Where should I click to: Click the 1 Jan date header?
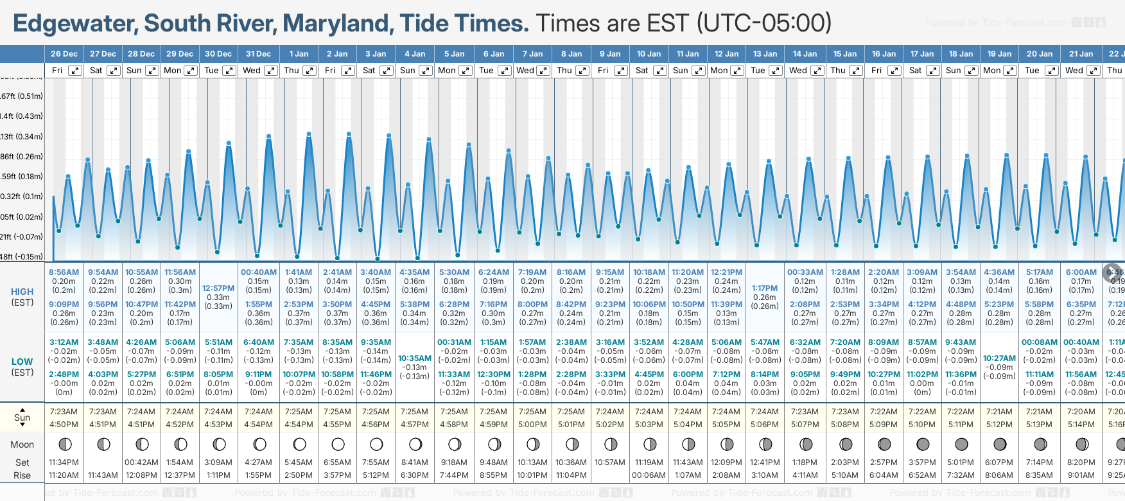[299, 54]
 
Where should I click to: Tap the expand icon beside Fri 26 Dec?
[75, 71]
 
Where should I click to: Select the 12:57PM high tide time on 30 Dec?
[218, 288]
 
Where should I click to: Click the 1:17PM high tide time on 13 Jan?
[765, 288]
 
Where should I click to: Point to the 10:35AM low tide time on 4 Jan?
[415, 358]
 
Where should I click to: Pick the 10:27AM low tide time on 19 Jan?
[1000, 358]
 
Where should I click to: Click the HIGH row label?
[22, 292]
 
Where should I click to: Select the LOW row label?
[22, 362]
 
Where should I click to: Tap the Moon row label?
[22, 444]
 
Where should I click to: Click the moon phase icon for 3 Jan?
[376, 444]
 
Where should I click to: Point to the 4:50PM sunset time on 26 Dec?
[64, 425]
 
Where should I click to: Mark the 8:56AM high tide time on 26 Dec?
[64, 272]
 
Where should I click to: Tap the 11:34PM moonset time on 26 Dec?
[64, 462]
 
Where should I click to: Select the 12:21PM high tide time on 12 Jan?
[726, 272]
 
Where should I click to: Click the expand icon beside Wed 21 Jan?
[1092, 71]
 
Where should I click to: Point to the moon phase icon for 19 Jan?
[1000, 444]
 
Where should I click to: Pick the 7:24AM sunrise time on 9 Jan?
[610, 412]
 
